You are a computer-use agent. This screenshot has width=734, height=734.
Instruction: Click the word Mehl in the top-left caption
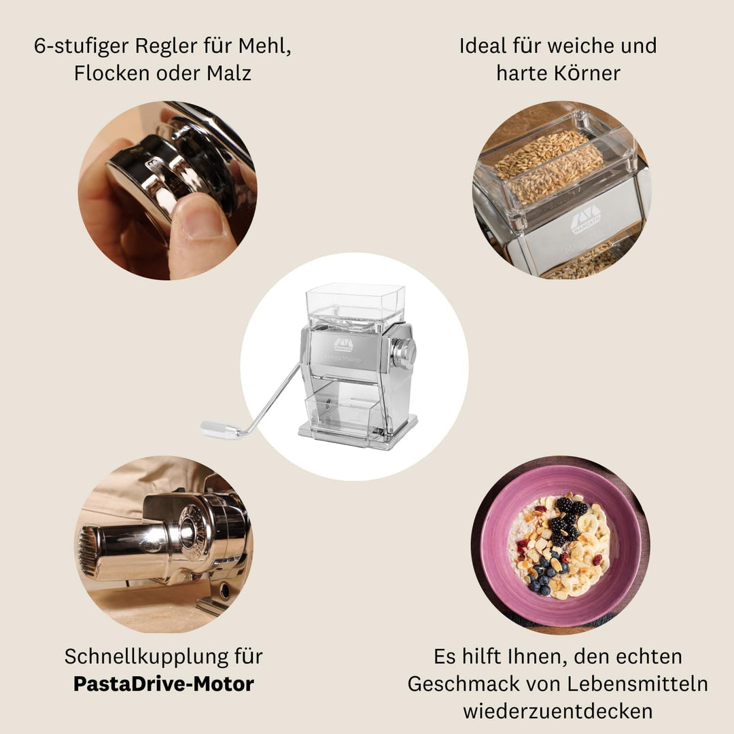pos(264,47)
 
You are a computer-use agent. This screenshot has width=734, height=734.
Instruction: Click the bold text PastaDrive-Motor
pos(163,684)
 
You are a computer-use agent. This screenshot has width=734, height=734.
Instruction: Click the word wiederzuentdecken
pos(558,711)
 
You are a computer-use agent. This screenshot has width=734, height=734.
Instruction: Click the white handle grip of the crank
pos(219,430)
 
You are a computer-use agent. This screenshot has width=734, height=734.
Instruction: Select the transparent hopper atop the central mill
pos(345,304)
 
